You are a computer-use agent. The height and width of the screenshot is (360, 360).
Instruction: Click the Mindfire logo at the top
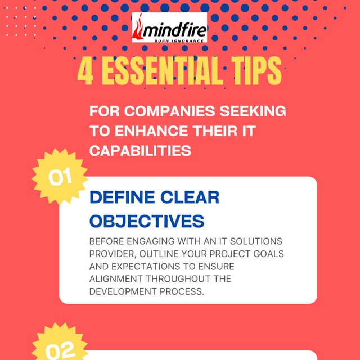point(169,28)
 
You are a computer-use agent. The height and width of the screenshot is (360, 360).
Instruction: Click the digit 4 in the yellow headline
point(85,73)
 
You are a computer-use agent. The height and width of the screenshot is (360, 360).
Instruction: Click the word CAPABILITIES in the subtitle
point(139,151)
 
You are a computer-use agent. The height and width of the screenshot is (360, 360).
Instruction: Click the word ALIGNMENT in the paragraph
point(116,278)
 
